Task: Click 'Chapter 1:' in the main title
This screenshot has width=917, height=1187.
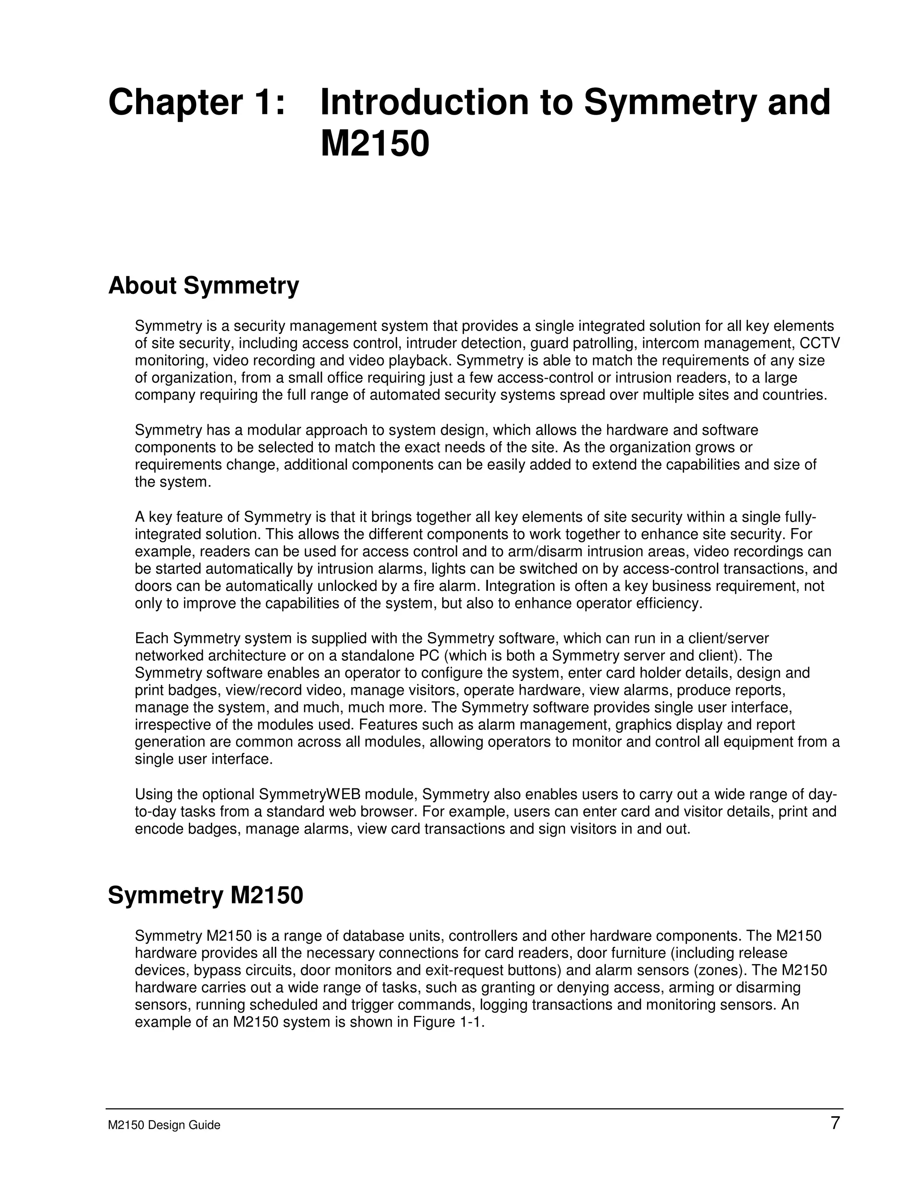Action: point(197,102)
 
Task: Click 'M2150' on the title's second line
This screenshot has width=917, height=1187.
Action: point(375,144)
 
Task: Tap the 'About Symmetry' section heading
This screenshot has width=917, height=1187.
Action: point(203,286)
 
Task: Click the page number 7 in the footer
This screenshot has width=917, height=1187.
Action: point(835,1123)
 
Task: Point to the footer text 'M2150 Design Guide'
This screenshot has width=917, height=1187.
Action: point(164,1125)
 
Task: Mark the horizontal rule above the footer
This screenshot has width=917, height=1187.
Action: point(474,1109)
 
